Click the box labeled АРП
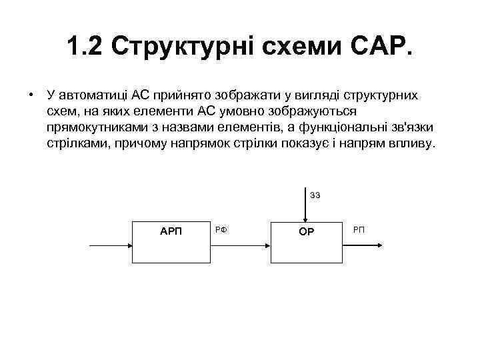tap(171, 245)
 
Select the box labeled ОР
tap(306, 245)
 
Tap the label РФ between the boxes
tap(223, 230)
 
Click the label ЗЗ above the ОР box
tap(315, 195)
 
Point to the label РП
tap(359, 230)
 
